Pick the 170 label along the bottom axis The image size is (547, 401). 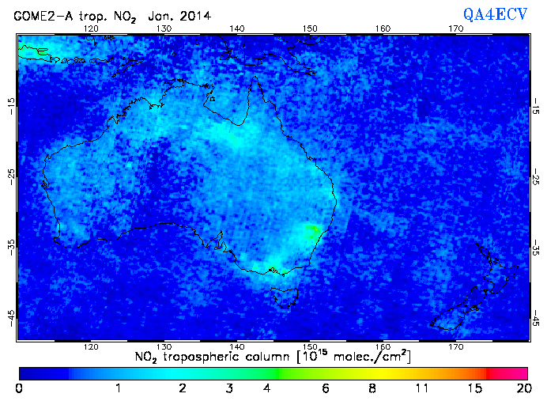coord(456,346)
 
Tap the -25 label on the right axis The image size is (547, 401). coord(536,176)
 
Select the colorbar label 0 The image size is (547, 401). coord(19,388)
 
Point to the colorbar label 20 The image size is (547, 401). coord(522,388)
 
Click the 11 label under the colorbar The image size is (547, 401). coord(422,388)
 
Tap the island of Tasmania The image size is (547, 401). coord(283,298)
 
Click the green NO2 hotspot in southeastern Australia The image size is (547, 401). coord(312,231)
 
